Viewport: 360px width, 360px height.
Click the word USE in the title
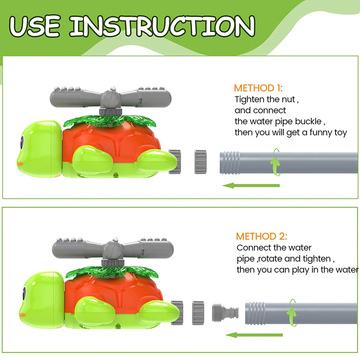[x=35, y=26]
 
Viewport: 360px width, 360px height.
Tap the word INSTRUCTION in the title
[x=162, y=26]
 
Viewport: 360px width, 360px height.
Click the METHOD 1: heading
[x=258, y=88]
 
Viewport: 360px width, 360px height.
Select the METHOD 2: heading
[x=261, y=236]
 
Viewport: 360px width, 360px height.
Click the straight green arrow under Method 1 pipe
[x=251, y=185]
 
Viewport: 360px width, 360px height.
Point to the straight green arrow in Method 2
[x=254, y=334]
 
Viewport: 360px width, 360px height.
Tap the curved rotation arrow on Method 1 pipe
[x=275, y=162]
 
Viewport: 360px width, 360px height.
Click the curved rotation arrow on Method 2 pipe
[x=292, y=313]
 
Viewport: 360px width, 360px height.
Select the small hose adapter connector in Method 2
[x=225, y=313]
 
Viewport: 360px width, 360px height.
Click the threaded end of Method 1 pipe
[x=230, y=163]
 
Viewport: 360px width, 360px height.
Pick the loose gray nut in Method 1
[x=201, y=162]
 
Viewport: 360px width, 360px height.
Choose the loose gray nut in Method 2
[x=198, y=313]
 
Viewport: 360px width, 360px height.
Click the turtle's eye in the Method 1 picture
[x=22, y=143]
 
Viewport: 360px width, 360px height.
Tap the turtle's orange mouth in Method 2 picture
[x=22, y=314]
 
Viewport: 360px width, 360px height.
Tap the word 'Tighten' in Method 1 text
[x=248, y=100]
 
